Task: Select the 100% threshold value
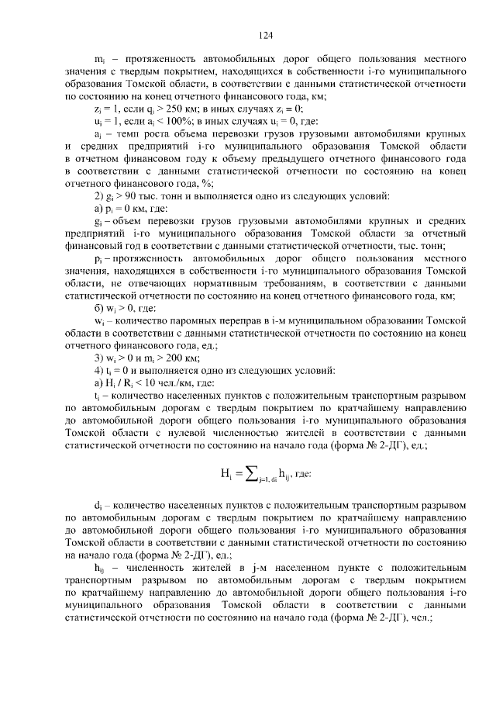[170, 122]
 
